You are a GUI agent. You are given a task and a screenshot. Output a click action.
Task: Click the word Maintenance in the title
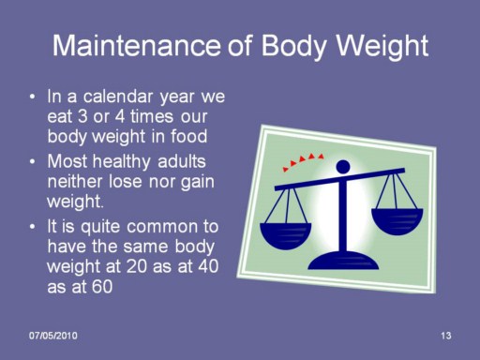[137, 45]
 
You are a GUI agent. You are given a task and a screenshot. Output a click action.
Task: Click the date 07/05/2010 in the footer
[53, 336]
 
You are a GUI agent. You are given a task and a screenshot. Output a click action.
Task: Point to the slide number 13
[446, 336]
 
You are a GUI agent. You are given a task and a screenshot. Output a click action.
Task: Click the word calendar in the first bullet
[118, 96]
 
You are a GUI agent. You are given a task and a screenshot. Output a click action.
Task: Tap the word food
[188, 136]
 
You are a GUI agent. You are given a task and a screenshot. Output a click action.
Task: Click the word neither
[75, 181]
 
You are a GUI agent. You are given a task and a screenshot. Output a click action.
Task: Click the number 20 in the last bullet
[137, 266]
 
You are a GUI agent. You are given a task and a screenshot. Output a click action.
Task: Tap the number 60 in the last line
[101, 287]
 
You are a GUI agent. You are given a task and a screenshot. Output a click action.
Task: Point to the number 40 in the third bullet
[208, 266]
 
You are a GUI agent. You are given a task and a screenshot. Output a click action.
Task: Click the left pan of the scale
[286, 235]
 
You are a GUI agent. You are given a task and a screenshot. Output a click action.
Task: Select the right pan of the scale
[397, 221]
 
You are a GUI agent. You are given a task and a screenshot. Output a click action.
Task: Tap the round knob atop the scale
[343, 167]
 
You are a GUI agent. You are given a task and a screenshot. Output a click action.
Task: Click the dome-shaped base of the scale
[343, 261]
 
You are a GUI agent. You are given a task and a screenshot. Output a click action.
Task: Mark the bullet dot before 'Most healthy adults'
[33, 162]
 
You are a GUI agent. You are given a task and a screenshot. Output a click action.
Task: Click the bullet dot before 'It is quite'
[33, 227]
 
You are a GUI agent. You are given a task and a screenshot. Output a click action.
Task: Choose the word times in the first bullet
[152, 116]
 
